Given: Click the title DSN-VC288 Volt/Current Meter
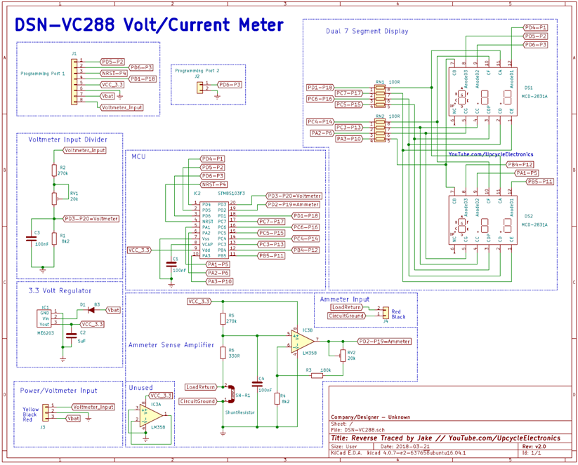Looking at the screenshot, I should coord(150,26).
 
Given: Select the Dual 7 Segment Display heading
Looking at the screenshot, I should coord(367,31).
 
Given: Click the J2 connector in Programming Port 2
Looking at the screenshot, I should coord(199,86).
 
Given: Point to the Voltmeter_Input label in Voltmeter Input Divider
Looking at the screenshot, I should coord(85,150).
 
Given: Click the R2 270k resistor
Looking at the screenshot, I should coord(54,170).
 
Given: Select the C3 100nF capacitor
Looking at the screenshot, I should coord(31,238).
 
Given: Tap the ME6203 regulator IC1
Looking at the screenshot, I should coord(45,318).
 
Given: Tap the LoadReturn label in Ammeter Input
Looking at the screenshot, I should coord(347,307).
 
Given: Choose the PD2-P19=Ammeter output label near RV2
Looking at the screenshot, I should coord(384,342).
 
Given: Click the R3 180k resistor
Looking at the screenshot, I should coord(316,375).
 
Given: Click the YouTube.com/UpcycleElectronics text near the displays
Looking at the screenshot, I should coord(490,154).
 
